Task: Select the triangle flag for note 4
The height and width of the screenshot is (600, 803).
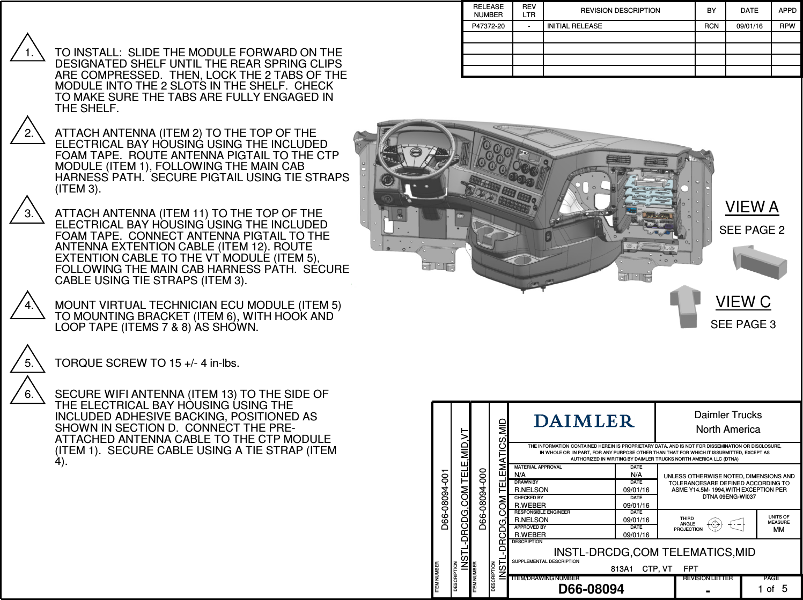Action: pos(27,307)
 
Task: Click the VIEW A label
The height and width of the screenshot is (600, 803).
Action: pos(752,207)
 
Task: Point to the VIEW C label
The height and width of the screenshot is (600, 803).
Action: pos(743,302)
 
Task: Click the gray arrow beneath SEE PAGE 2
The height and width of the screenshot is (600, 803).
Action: pos(759,262)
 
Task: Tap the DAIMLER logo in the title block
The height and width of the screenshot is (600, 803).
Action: pos(584,421)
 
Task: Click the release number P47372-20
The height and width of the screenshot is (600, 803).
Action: pos(488,26)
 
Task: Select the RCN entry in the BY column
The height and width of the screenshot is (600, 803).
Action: pos(711,26)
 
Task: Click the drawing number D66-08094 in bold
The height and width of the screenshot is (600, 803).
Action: pos(591,589)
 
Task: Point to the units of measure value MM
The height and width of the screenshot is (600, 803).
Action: pos(778,529)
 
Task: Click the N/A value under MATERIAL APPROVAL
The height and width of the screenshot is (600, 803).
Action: pos(520,475)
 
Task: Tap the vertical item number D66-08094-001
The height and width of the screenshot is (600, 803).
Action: pos(445,499)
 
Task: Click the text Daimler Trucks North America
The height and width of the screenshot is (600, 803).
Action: pos(728,422)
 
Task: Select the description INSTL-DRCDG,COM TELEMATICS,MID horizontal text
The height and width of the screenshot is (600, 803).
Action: pos(654,552)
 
